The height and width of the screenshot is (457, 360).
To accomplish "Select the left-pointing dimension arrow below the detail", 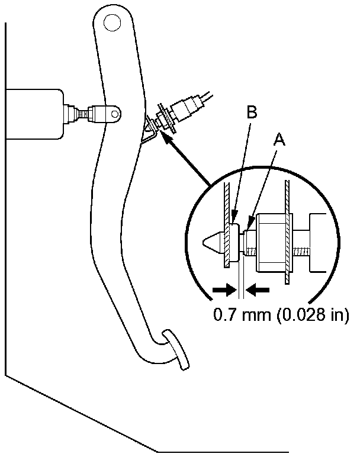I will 258,290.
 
